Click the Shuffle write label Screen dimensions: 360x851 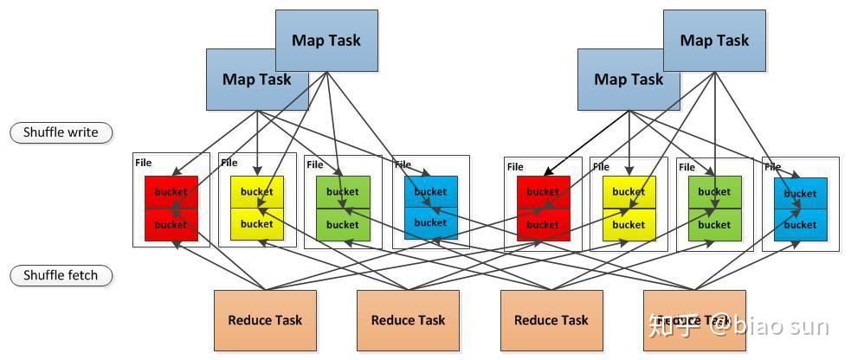(x=61, y=132)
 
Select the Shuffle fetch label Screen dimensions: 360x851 (x=61, y=276)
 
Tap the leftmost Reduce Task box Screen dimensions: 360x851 (x=265, y=320)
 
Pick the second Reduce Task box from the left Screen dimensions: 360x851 (x=408, y=320)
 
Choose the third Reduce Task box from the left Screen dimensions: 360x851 (x=551, y=320)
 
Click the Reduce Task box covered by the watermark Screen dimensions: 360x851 (x=694, y=320)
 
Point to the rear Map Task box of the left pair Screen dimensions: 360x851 (x=326, y=30)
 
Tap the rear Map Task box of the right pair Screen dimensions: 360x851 (x=714, y=30)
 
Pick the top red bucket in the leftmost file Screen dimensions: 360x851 (x=171, y=192)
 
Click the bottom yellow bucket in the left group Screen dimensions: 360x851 (x=257, y=224)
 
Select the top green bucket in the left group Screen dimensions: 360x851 (x=343, y=192)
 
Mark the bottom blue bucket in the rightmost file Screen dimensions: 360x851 (x=801, y=225)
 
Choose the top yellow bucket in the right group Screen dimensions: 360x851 (x=629, y=192)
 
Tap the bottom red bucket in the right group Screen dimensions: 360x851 (x=544, y=225)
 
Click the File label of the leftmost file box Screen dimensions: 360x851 (x=143, y=163)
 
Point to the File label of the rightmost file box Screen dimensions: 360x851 (x=773, y=167)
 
